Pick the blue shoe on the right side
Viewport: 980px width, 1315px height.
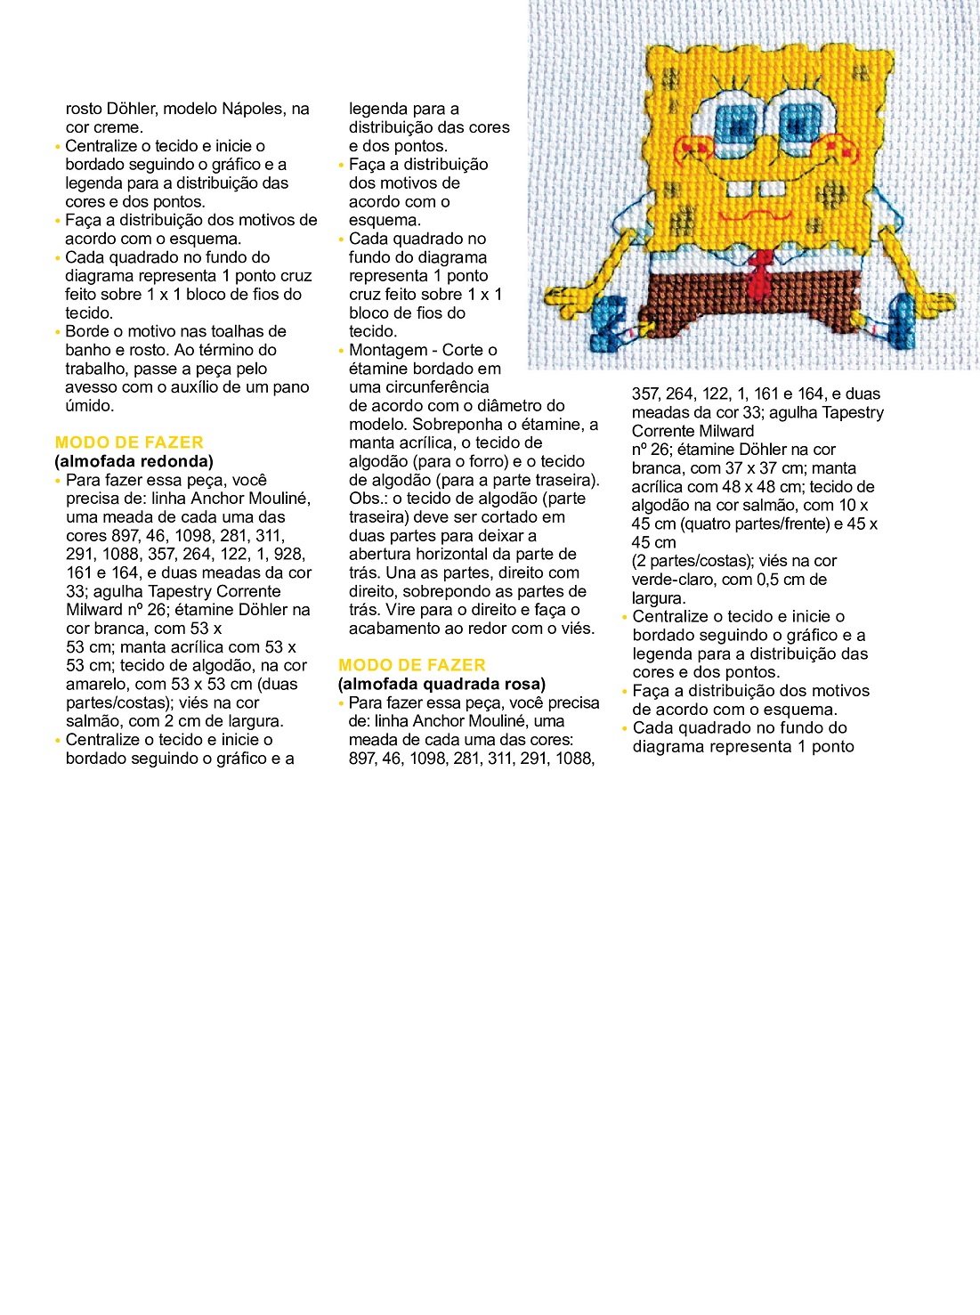click(900, 316)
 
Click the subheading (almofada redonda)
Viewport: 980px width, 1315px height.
click(134, 461)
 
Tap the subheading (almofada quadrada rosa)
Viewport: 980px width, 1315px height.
click(442, 684)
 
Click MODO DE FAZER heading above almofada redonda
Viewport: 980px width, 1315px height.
click(129, 442)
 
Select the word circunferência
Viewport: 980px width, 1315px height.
click(418, 387)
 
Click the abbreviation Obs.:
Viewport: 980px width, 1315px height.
click(367, 499)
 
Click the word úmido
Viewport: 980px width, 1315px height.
click(90, 406)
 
